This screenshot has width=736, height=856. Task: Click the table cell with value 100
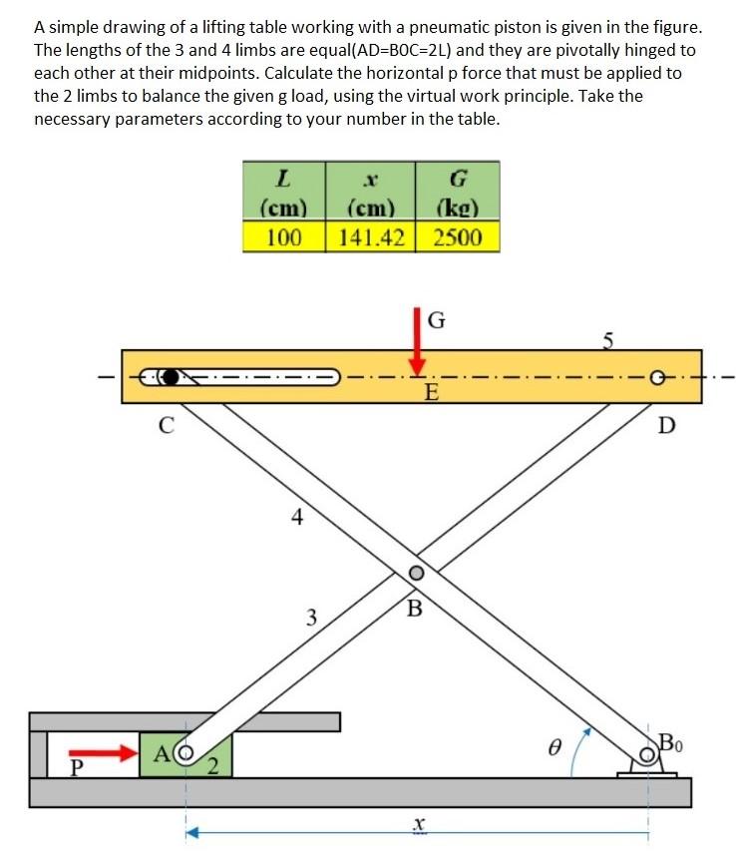coord(284,237)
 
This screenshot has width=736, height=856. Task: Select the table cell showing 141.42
coord(370,237)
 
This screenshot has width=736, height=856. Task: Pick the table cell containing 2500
coord(458,237)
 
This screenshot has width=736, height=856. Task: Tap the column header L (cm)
coord(284,194)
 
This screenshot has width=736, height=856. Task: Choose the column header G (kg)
coord(458,194)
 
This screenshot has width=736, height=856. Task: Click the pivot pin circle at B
coord(416,574)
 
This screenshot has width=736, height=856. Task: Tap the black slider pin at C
coord(171,377)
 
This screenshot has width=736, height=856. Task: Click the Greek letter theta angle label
coord(547,746)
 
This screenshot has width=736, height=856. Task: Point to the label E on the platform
coord(430,392)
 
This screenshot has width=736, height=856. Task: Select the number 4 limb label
coord(295,517)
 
